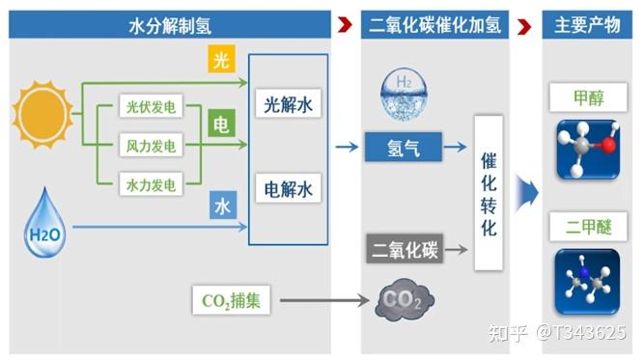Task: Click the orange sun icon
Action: pyautogui.click(x=42, y=113)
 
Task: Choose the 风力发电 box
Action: pyautogui.click(x=151, y=146)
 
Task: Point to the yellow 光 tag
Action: pyautogui.click(x=221, y=61)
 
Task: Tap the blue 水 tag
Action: pyautogui.click(x=221, y=206)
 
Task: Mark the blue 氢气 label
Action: pyautogui.click(x=402, y=147)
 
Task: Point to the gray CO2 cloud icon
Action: pyautogui.click(x=405, y=300)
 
